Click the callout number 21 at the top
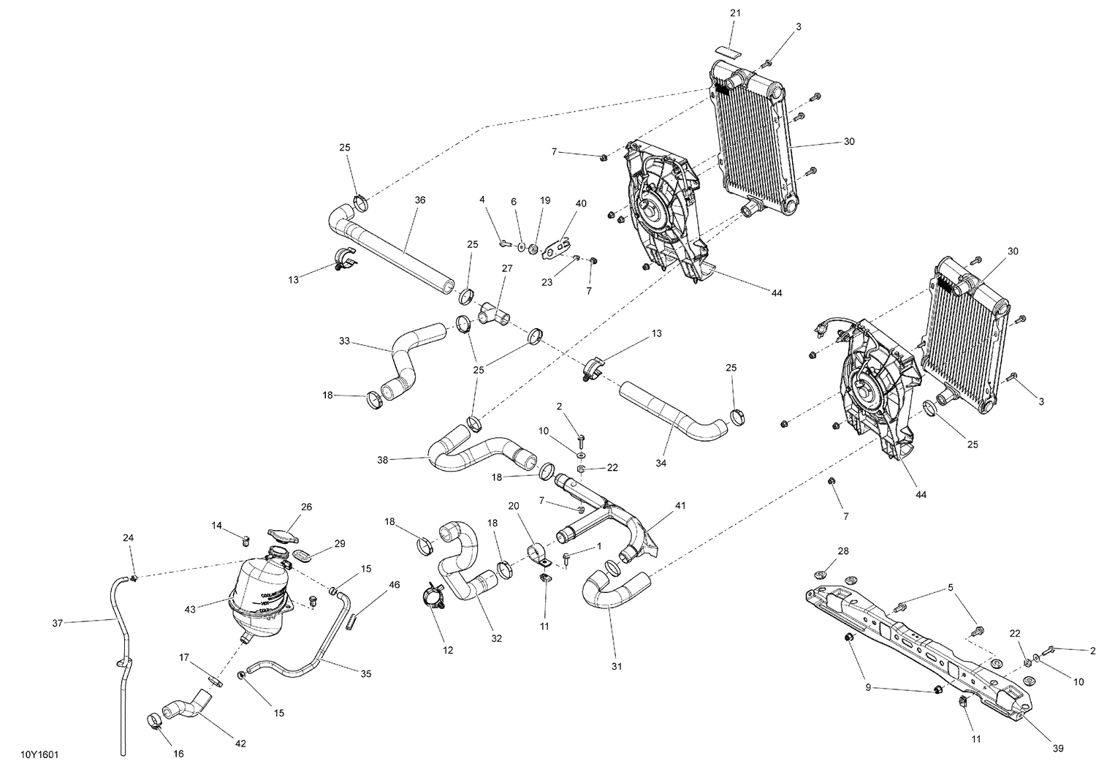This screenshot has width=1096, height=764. pyautogui.click(x=734, y=14)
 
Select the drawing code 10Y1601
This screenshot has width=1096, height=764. pyautogui.click(x=40, y=752)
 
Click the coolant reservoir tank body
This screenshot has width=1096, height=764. pyautogui.click(x=256, y=596)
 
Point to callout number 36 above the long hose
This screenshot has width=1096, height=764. pyautogui.click(x=419, y=200)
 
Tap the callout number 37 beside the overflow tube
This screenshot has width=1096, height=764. pyautogui.click(x=58, y=623)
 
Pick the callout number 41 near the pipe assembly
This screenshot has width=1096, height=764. pyautogui.click(x=680, y=504)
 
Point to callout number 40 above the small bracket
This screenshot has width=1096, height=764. pyautogui.click(x=580, y=204)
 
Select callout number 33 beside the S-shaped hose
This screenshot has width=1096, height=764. pyautogui.click(x=345, y=341)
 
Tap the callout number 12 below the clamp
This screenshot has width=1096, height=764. pyautogui.click(x=447, y=650)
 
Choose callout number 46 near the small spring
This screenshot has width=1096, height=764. pyautogui.click(x=394, y=585)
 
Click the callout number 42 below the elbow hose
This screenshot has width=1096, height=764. pyautogui.click(x=240, y=744)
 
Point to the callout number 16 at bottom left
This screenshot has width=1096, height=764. pyautogui.click(x=178, y=754)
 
